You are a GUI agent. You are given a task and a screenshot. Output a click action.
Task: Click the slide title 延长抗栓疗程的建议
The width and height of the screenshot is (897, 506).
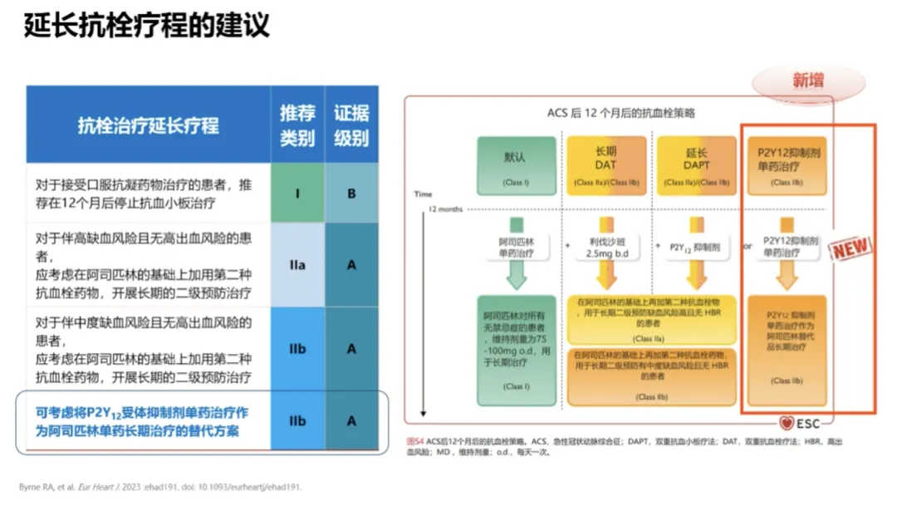point(147,27)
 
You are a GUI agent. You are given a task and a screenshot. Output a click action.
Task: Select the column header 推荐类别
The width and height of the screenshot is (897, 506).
point(297,125)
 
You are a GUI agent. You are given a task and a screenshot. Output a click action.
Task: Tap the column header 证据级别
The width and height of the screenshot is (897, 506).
point(351,125)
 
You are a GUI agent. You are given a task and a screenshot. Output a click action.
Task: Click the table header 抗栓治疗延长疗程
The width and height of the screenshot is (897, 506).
point(149,125)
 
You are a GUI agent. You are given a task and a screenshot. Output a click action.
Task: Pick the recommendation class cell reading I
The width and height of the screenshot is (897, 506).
point(297,194)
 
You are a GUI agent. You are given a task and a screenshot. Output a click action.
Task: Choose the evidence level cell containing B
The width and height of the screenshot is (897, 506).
point(351,194)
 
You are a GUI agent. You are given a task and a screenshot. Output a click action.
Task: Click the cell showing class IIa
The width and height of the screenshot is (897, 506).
point(297,265)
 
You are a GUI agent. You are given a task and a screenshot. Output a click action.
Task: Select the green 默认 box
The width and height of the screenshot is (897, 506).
point(515,164)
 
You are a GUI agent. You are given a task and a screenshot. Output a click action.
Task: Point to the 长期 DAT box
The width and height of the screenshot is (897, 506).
point(606,164)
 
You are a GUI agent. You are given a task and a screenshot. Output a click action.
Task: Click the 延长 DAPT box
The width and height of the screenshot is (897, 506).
point(697,164)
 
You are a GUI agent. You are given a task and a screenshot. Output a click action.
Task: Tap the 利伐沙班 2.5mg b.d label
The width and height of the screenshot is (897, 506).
point(606,247)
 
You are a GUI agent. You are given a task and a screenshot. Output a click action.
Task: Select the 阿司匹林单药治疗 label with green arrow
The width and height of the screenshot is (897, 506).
point(516,247)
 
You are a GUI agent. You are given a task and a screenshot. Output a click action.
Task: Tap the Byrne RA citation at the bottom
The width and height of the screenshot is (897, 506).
point(160,487)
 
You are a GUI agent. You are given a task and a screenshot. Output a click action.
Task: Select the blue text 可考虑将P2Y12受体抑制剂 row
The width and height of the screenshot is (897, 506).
point(142,420)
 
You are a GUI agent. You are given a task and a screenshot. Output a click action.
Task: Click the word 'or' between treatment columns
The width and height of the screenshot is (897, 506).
point(747,247)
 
